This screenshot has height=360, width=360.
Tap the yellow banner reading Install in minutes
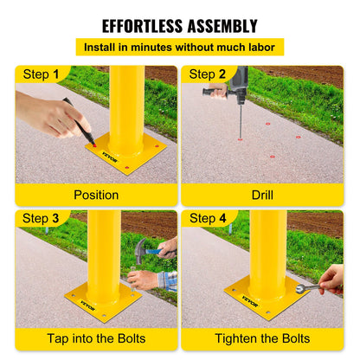click(180, 47)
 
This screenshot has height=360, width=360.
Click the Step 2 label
click(209, 75)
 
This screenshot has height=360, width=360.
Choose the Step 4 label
click(209, 218)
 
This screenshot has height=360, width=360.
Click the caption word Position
click(96, 195)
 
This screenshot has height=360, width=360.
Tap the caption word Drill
click(262, 195)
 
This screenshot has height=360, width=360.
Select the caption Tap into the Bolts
click(96, 338)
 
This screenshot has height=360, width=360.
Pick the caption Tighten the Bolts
click(262, 338)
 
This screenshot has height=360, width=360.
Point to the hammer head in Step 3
click(141, 251)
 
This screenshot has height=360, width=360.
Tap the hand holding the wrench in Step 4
click(331, 279)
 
